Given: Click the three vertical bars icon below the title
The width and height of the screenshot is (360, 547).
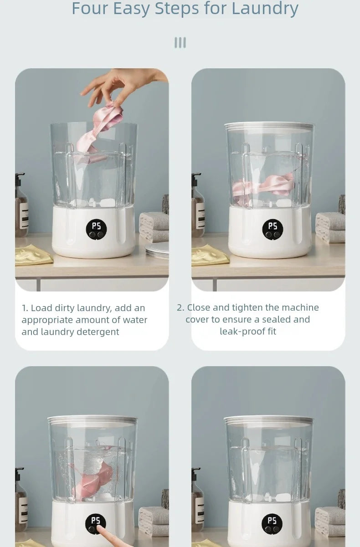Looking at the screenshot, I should point(180,43).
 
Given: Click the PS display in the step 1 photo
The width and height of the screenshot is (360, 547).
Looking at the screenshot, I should point(96,225).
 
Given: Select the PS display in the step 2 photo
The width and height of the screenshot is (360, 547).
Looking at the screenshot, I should point(273,226).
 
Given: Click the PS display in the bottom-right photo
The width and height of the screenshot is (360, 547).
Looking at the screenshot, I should point(272,521).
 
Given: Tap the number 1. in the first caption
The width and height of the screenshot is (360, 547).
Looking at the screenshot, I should point(25,308).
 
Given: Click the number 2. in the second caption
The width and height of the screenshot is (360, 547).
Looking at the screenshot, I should point(180,308).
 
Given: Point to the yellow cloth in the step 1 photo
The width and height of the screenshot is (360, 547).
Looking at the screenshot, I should point(33,255).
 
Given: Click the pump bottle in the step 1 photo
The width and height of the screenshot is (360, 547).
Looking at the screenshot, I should point(21,205).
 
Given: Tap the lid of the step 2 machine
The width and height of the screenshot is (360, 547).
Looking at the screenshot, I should point(269,126).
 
